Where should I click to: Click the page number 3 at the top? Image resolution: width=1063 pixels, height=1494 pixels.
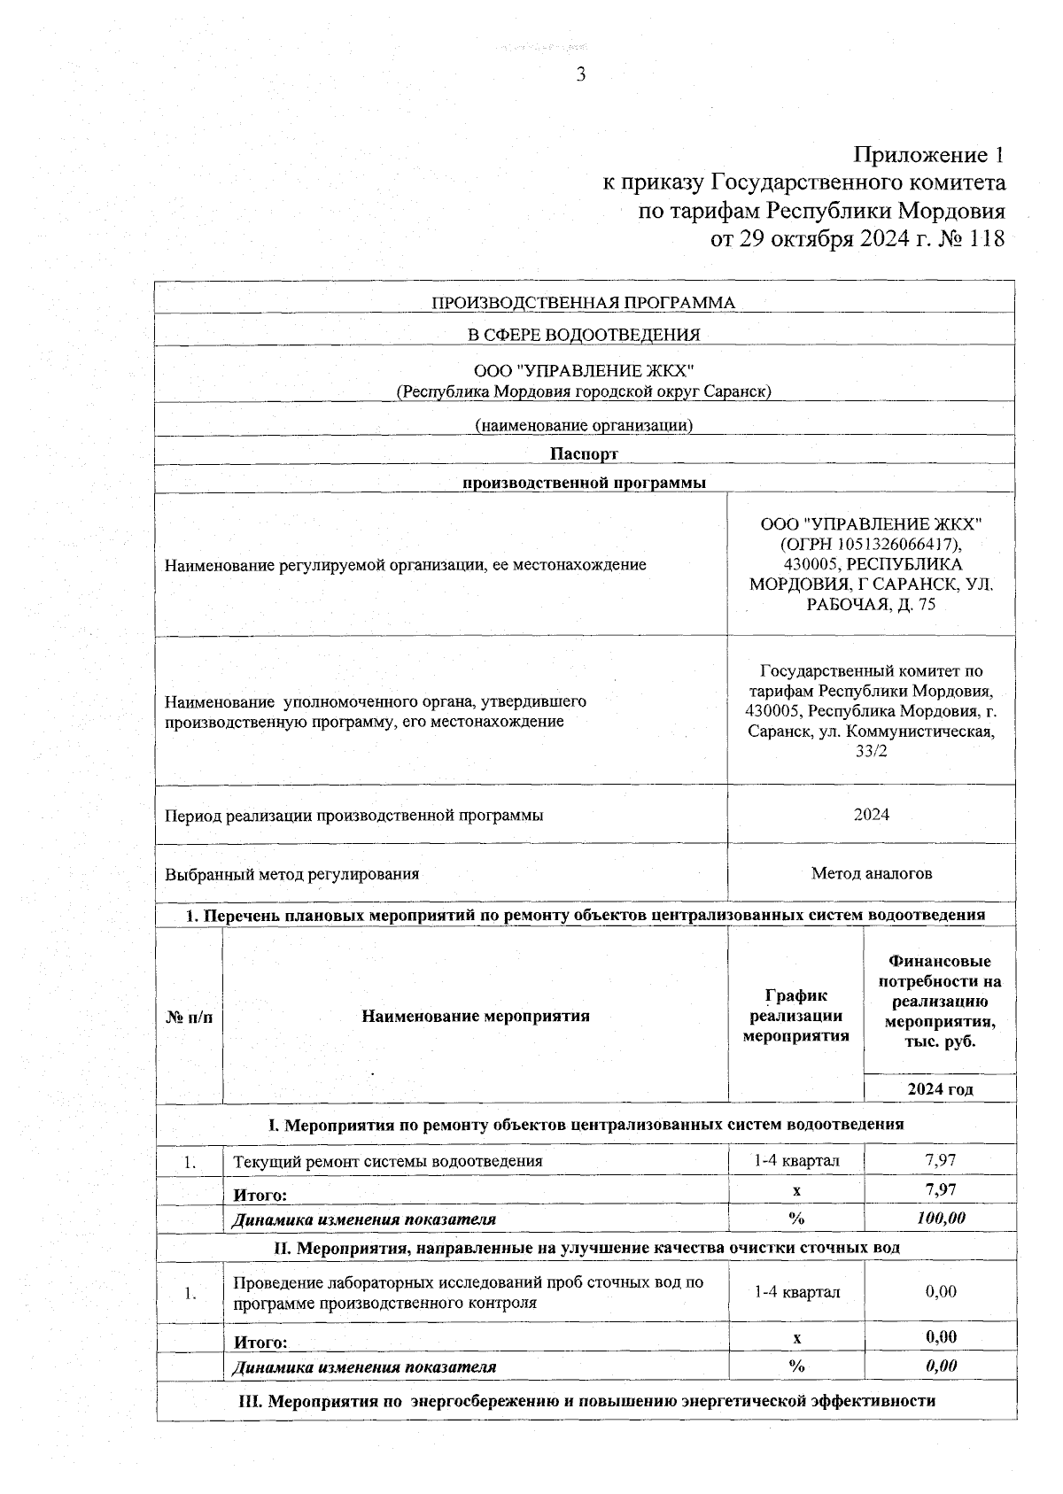581,75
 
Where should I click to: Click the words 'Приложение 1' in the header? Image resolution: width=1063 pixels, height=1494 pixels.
928,155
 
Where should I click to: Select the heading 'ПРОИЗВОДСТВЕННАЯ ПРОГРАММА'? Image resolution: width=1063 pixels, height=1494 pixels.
583,303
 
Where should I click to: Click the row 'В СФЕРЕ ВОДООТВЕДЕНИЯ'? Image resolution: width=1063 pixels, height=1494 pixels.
583,335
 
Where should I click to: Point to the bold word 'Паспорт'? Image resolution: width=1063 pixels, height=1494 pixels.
583,453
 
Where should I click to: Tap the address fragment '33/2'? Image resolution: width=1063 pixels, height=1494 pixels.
871,751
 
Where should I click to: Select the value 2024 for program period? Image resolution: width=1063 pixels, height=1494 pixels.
871,814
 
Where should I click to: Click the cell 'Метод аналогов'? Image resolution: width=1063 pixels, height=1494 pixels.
871,873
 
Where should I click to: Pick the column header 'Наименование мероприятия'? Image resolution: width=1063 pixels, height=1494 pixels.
475,1016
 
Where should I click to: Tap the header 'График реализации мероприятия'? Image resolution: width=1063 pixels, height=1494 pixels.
795,1016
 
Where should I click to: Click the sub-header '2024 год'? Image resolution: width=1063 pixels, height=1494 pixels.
940,1089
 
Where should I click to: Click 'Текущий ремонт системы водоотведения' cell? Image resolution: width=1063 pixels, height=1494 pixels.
387,1160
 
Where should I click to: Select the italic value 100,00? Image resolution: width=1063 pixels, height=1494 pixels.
940,1219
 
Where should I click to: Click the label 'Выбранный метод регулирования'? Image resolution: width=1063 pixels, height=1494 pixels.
291,874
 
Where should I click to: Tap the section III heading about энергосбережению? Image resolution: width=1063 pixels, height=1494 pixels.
587,1401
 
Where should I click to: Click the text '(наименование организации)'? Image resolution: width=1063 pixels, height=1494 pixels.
583,425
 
